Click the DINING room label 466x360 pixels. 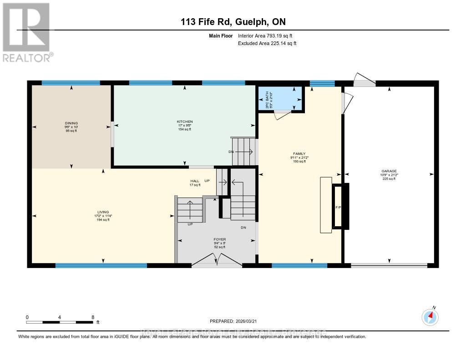coord(71,123)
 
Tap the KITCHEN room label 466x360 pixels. coord(185,122)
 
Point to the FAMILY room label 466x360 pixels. coord(299,154)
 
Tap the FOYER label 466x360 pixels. coord(220,239)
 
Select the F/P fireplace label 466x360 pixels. coord(338,207)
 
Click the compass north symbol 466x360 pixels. coord(430,317)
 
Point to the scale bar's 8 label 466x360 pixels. coord(93,317)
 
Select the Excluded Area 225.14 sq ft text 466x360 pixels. coord(267,43)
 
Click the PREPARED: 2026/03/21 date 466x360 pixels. coord(232,321)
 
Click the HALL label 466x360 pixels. coord(195,181)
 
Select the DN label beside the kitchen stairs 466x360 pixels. coord(231,152)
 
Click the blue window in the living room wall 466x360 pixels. coord(101,265)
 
